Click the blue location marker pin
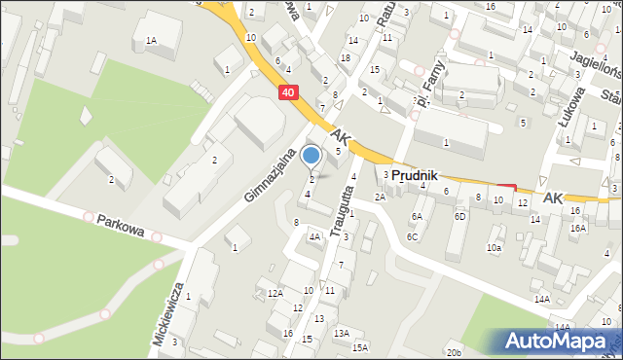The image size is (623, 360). (311, 156)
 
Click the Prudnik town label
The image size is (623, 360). (418, 175)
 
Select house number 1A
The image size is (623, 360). (151, 40)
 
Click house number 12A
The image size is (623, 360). (275, 293)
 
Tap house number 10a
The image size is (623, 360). (495, 247)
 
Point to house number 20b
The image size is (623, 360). (454, 352)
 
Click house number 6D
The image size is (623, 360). (459, 216)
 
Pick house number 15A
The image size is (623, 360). (360, 347)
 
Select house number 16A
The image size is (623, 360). (578, 228)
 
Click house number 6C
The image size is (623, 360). (413, 236)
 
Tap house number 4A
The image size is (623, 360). (314, 235)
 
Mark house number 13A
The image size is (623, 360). (341, 333)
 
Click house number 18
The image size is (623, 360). (346, 58)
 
